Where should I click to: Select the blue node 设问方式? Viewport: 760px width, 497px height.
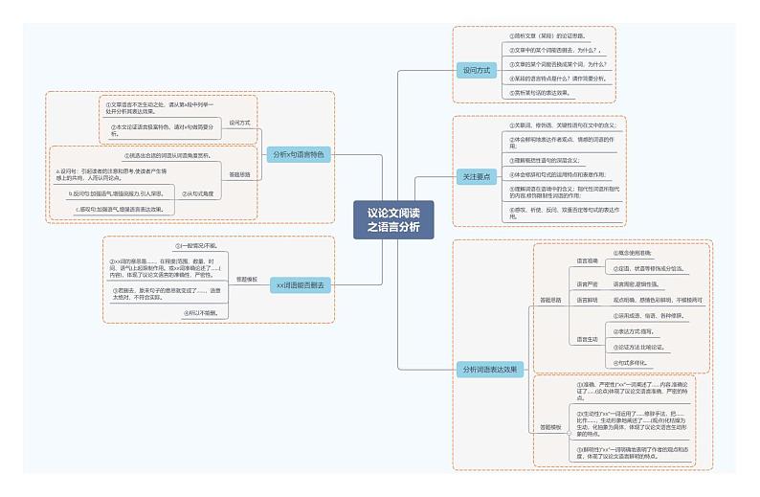[476, 70]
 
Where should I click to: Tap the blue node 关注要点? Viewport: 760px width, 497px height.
[476, 176]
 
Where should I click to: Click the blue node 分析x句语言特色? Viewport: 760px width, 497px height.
[298, 154]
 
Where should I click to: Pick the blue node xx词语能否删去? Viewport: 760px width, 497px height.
[300, 285]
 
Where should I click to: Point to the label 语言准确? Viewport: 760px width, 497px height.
[587, 260]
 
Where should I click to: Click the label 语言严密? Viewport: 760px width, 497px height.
[587, 284]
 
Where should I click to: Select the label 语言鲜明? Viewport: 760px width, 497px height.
[587, 300]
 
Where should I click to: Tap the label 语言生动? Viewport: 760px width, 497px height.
[587, 339]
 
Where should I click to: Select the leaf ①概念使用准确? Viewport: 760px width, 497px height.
[637, 253]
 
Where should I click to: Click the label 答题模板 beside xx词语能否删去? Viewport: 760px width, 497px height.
[247, 280]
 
